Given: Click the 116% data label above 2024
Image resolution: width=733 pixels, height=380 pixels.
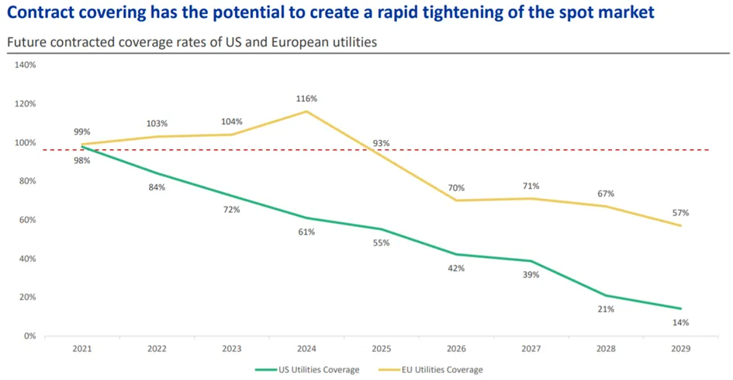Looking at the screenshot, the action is coord(306,99).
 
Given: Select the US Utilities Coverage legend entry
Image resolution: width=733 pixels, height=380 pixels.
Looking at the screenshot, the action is coord(307,370).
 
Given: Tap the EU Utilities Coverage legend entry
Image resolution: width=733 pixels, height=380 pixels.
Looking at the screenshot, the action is coord(430,370).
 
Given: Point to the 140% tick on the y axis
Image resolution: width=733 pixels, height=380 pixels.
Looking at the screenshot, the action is coord(26,65).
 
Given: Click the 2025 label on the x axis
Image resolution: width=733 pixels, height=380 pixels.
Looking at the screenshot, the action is coord(382,349).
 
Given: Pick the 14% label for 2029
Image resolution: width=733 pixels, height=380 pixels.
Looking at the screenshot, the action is coord(681,322).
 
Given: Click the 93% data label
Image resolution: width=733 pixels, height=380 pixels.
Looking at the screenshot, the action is coord(382,144).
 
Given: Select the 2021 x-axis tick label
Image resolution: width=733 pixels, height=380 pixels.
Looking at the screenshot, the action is coord(82,349).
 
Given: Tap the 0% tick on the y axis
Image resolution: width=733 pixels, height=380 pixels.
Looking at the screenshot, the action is coord(29,336).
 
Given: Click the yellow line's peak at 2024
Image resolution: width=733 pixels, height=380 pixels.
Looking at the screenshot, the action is coord(306,111).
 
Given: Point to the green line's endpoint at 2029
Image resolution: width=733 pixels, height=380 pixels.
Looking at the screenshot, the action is coord(681,309).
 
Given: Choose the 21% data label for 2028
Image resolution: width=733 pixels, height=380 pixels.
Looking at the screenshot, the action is coord(606,309).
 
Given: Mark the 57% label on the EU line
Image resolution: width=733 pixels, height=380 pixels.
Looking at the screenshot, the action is coord(681,213).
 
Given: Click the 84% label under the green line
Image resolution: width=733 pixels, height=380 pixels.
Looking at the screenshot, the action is coord(157,187).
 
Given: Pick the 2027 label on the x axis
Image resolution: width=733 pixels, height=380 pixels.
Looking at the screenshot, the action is coord(531,349).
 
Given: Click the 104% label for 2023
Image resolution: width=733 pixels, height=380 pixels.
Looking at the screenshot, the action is coord(232,122).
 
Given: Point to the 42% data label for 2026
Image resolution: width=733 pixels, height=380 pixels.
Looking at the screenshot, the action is coord(456,268).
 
